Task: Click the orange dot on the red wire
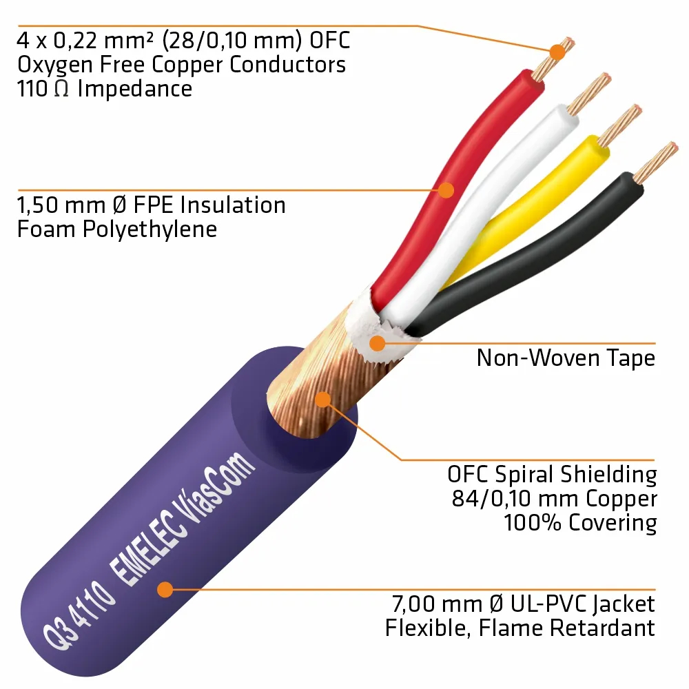click(x=447, y=189)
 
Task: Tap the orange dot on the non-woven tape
click(x=377, y=342)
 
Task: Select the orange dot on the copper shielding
click(x=322, y=399)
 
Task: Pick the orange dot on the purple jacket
click(x=164, y=589)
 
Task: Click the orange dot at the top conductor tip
click(x=555, y=51)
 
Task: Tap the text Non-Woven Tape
click(x=565, y=358)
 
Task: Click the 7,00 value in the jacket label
click(x=413, y=605)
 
